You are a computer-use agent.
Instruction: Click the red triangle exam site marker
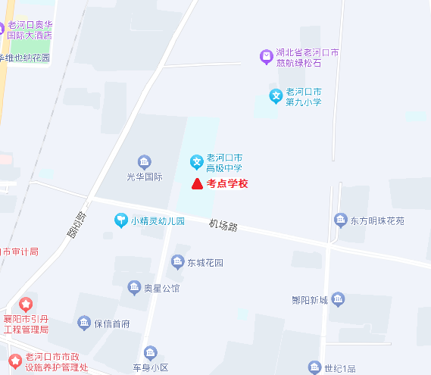[x=195, y=183]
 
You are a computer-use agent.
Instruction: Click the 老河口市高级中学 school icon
[x=195, y=161]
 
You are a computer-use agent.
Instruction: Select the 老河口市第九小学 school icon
[x=277, y=95]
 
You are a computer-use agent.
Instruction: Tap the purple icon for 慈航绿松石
[x=266, y=56]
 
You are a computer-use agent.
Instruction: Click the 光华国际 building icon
[x=144, y=161]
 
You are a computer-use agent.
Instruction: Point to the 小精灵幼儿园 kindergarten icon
[x=120, y=220]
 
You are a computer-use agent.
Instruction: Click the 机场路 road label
[x=223, y=225]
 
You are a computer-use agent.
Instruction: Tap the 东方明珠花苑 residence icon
[x=340, y=220]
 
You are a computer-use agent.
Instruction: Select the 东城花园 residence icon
[x=177, y=262]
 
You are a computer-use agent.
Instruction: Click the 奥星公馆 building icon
[x=133, y=287]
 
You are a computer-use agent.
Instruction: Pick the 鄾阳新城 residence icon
[x=338, y=299]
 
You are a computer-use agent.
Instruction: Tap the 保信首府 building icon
[x=84, y=323]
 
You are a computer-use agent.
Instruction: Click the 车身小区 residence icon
[x=150, y=353]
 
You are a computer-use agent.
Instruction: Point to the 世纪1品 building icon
[x=314, y=368]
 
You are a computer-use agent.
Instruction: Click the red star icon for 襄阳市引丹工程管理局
[x=26, y=305]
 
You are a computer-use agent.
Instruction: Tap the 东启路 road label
[x=74, y=224]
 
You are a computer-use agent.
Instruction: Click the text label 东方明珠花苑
[x=377, y=221]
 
